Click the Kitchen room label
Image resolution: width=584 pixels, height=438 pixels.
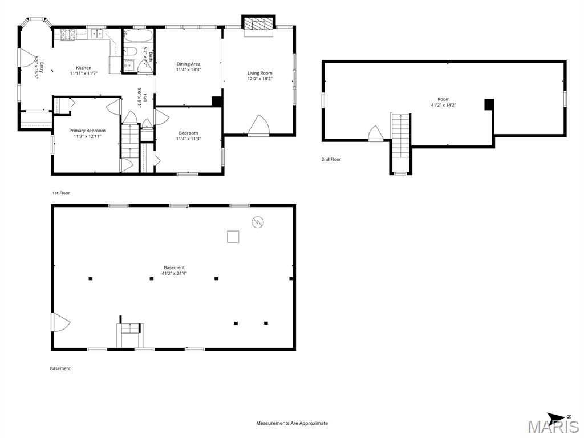point(83,68)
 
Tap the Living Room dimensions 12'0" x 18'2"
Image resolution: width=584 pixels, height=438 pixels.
point(260,79)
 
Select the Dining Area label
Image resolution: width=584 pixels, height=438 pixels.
point(188,64)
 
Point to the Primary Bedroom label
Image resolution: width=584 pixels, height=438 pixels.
point(87,131)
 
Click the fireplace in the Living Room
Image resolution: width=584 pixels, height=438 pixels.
point(258,25)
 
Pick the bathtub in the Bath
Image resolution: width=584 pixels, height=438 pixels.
point(138,36)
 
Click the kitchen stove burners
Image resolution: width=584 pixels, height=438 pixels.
point(67,34)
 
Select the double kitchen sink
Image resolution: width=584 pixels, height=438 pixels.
point(97,34)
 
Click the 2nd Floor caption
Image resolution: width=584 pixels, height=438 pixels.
point(331,160)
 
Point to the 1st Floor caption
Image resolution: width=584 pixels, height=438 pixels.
point(61,193)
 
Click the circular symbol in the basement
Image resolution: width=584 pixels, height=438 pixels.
point(258,222)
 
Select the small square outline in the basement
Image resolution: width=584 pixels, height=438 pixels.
point(233,237)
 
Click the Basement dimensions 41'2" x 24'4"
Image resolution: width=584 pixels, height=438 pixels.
point(175,273)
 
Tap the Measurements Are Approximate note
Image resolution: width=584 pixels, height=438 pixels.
point(292,424)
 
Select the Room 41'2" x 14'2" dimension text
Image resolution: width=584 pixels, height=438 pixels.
point(444,105)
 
